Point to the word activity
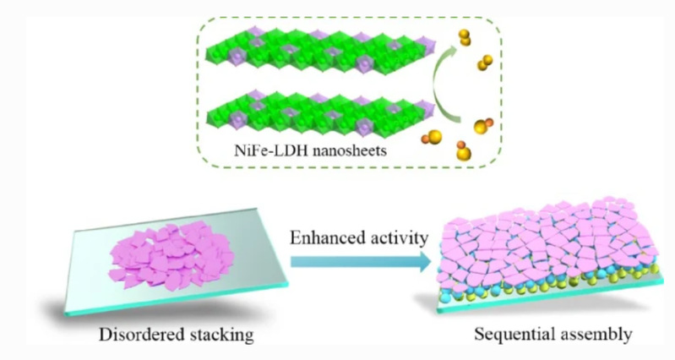(x=396, y=238)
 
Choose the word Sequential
(x=510, y=334)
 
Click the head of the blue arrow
(x=424, y=261)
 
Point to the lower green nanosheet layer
(x=321, y=115)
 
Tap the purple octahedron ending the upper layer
(x=427, y=46)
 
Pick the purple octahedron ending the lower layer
(x=426, y=110)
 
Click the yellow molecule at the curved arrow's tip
(x=465, y=37)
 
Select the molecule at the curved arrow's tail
(x=483, y=125)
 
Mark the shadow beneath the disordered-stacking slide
(x=142, y=312)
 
